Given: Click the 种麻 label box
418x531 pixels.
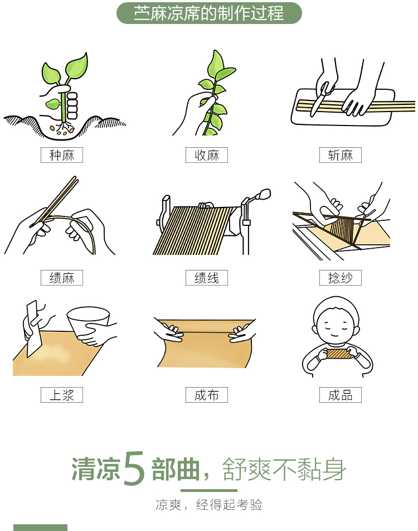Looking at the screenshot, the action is click(62, 155).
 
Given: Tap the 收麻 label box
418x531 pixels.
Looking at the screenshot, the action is click(206, 155).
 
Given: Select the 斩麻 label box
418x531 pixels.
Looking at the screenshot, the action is click(340, 155).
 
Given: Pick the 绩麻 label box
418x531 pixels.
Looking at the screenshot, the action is click(62, 278).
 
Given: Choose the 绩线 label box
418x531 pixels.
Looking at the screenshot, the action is click(206, 278).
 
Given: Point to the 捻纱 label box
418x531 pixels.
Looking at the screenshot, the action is click(340, 278).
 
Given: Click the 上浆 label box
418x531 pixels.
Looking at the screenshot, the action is click(62, 395).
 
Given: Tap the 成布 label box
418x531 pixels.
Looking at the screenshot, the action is click(206, 395).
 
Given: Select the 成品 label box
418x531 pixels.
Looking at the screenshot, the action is click(340, 395).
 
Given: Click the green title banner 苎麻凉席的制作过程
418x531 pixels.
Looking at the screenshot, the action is click(209, 13).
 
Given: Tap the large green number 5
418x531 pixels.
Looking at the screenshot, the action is click(134, 469).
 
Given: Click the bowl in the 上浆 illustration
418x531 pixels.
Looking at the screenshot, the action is click(88, 322).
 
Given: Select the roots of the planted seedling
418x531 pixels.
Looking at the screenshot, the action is click(64, 128).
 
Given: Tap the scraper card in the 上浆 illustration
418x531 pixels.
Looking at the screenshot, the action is click(33, 329).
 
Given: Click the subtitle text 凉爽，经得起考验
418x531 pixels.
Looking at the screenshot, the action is click(209, 505).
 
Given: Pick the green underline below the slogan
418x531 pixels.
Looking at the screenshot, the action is click(209, 490).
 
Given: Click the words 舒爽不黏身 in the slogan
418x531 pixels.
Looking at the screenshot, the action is click(284, 469).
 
